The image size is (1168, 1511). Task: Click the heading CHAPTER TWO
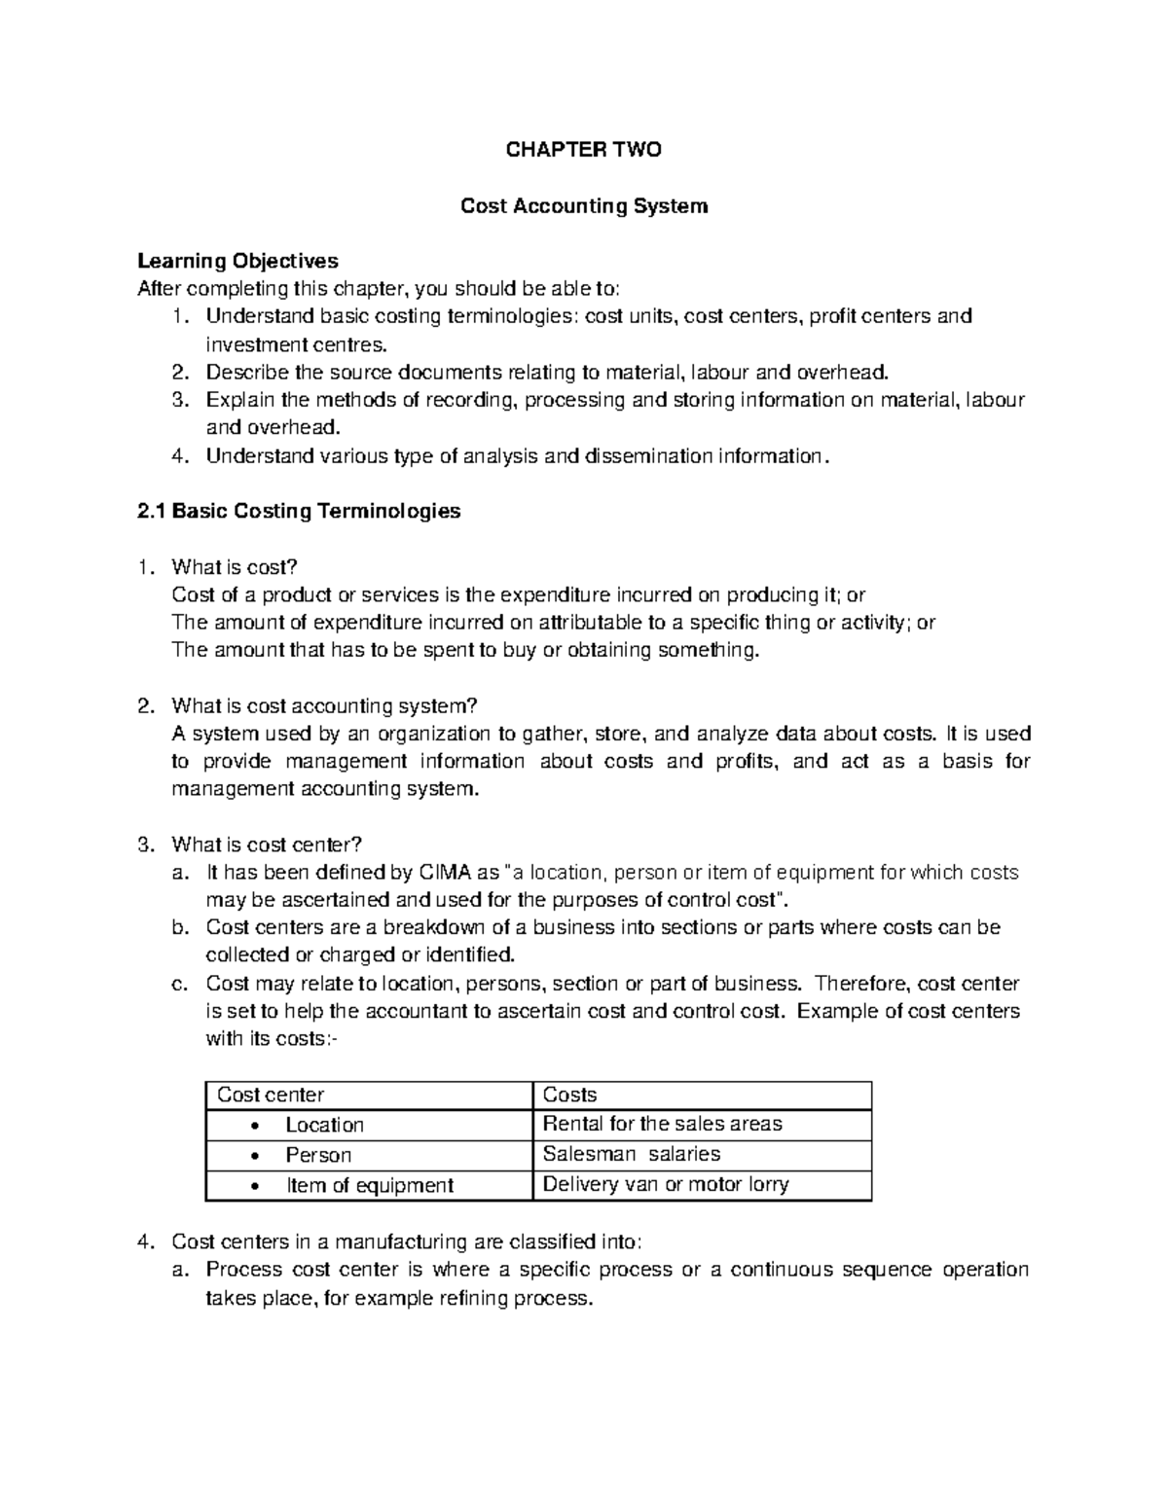pos(583,150)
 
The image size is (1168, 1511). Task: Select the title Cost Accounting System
pos(583,206)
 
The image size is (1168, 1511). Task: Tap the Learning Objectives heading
pos(237,261)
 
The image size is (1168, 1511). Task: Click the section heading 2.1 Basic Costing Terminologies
pos(299,511)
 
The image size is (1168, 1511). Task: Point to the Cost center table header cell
pos(271,1096)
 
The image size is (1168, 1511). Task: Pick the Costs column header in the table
pos(569,1096)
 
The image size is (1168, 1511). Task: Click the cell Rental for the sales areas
pos(662,1125)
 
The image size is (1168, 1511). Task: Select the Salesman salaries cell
pos(631,1155)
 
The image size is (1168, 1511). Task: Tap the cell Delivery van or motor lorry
pos(665,1185)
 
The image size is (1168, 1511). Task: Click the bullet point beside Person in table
pos(255,1156)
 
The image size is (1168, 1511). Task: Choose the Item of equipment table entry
pos(369,1186)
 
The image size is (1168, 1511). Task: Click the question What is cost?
pos(234,567)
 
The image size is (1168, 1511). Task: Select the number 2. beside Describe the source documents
pos(179,372)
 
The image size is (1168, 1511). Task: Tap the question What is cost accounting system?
pos(325,705)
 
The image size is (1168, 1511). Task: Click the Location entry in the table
pos(324,1126)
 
